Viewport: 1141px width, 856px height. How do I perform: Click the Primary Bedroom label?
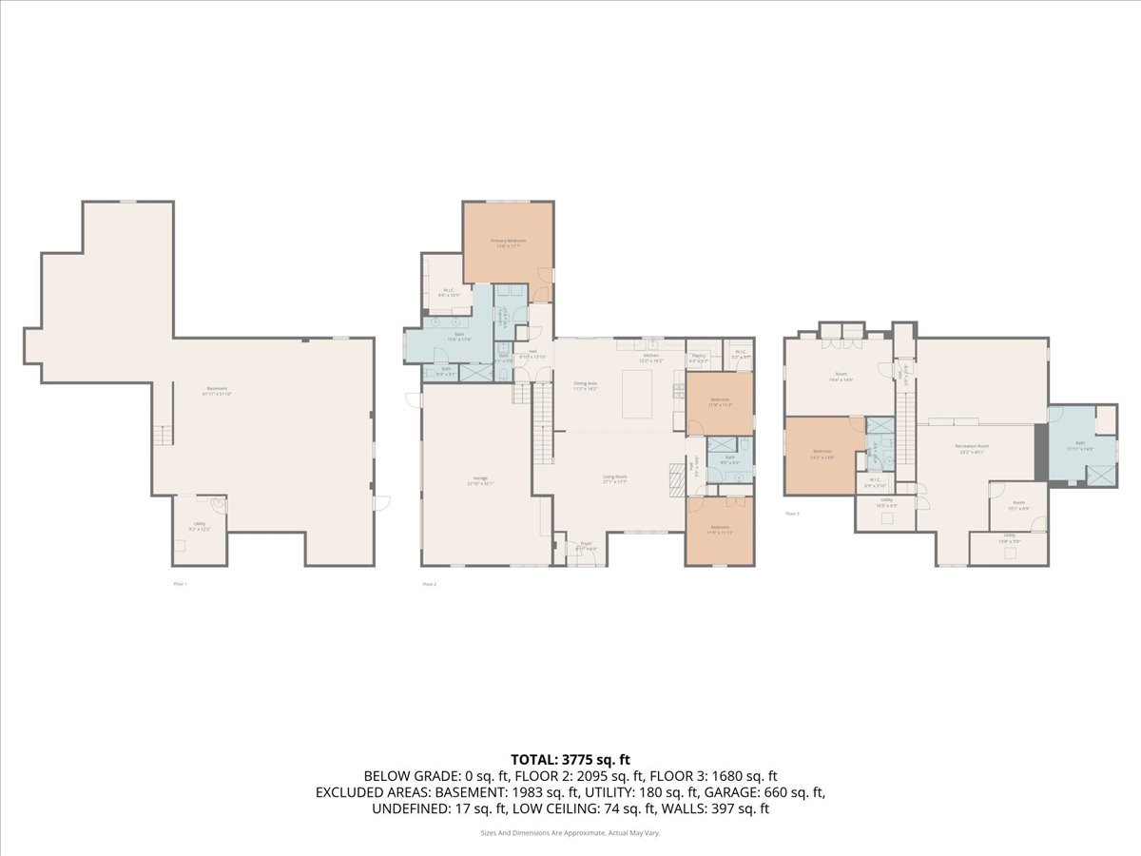pos(508,241)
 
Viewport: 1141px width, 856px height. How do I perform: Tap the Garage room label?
pos(480,477)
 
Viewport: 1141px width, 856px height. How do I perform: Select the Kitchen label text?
pos(650,355)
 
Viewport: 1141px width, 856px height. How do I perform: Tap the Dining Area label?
pos(585,384)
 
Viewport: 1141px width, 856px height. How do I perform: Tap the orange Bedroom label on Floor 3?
pos(822,451)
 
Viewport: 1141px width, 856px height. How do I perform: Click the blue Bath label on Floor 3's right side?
pos(1080,445)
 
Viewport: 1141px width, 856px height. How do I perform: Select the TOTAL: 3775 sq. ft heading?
pos(570,759)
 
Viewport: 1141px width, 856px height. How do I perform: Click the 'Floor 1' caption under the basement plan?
pos(179,583)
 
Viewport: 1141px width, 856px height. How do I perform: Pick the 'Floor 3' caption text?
pos(792,514)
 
